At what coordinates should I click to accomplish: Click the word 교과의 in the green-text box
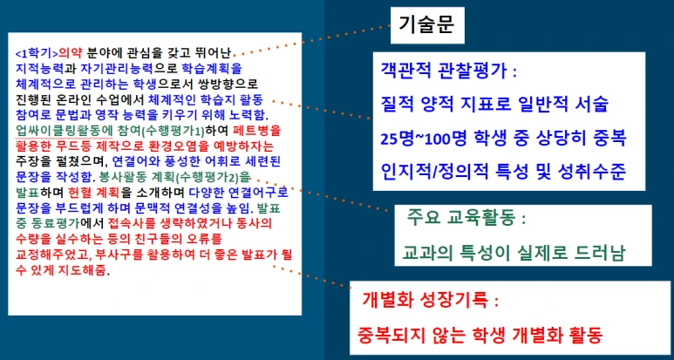point(429,253)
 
